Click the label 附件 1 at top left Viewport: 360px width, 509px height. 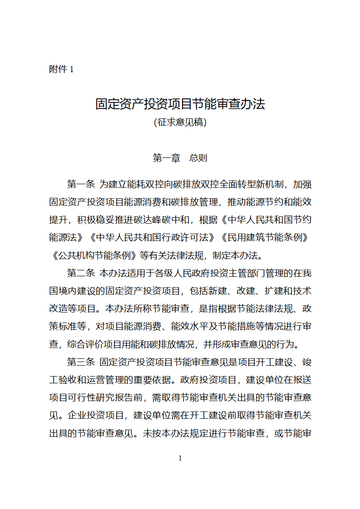tap(61, 69)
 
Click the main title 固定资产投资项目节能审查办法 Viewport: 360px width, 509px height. tap(180, 104)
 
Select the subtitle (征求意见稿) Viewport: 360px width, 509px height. tap(180, 122)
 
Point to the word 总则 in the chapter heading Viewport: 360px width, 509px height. tap(198, 158)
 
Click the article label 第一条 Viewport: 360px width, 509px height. tap(81, 184)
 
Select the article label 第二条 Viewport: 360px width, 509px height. tap(81, 273)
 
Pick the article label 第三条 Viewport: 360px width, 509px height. tap(81, 362)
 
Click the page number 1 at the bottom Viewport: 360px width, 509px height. tap(180, 458)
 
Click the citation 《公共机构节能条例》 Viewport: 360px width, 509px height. tap(93, 255)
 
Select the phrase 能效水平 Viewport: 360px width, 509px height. tap(190, 327)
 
